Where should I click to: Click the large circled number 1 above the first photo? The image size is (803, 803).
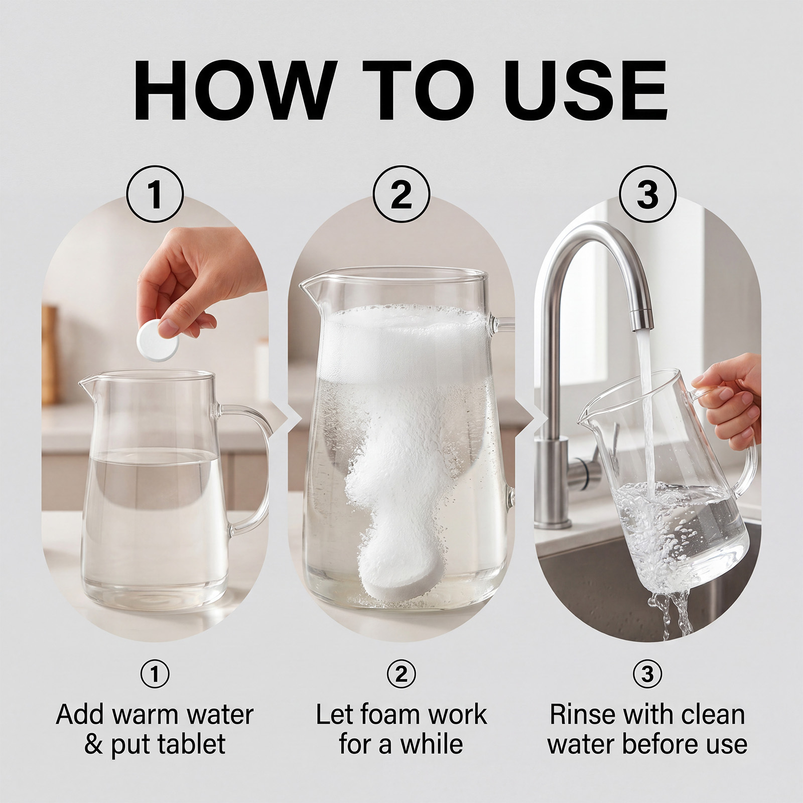pos(155,195)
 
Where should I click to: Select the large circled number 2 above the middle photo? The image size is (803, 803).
pos(401,195)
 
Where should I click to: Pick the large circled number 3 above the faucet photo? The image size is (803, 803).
pos(647,195)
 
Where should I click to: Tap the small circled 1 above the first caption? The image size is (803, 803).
pos(155,674)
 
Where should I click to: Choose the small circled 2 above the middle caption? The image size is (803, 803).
pos(401,674)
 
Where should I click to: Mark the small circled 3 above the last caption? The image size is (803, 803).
pos(647,674)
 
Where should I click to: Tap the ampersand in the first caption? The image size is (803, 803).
pos(93,744)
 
